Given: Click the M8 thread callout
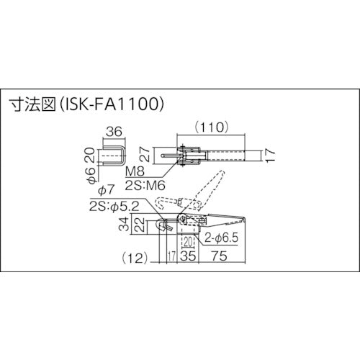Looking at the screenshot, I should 136,174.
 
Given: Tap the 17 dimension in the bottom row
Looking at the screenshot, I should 171,255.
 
